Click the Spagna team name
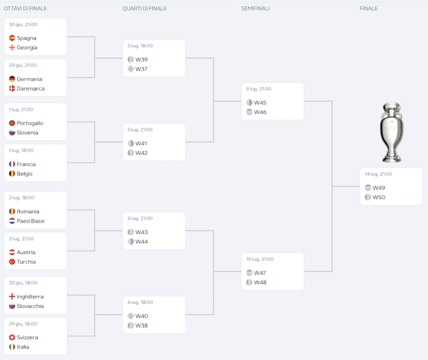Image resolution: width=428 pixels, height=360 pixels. coord(26,38)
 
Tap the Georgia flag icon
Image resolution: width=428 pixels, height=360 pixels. coord(12,48)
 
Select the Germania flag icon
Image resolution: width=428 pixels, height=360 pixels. coord(12,79)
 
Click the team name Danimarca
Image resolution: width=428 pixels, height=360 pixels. coord(31,89)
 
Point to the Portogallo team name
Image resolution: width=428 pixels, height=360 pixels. coord(30,123)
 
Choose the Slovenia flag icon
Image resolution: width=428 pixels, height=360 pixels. coord(12,133)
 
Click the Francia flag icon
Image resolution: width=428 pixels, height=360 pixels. coord(12,164)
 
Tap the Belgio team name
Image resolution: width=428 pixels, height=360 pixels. coord(25,174)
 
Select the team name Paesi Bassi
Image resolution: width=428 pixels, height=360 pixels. coord(31,221)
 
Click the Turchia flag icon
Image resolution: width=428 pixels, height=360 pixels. coord(12,262)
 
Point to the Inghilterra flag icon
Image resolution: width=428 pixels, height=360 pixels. coord(12,296)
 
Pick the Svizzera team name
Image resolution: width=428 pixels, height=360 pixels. coord(27,337)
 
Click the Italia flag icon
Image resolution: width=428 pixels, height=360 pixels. coord(12,347)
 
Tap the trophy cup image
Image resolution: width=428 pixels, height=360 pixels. coord(391,132)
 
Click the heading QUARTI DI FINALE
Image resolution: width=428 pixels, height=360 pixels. coord(145,8)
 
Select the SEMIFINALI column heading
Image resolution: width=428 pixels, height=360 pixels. coord(255,8)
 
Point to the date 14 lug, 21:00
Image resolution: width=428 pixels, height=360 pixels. coord(378,174)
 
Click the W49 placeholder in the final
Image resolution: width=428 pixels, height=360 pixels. coord(378,188)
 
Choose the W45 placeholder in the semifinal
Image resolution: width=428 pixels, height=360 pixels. coord(260,103)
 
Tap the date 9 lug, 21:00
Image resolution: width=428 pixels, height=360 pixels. coord(259,89)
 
